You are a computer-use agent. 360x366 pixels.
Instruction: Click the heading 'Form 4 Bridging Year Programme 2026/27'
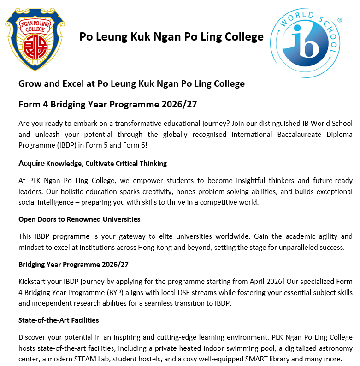click(x=108, y=105)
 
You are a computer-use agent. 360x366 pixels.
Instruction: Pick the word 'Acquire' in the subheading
click(x=31, y=164)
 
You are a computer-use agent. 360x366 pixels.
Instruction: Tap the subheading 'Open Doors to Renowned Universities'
click(x=79, y=219)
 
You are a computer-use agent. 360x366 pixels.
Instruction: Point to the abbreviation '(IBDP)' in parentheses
click(x=60, y=146)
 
